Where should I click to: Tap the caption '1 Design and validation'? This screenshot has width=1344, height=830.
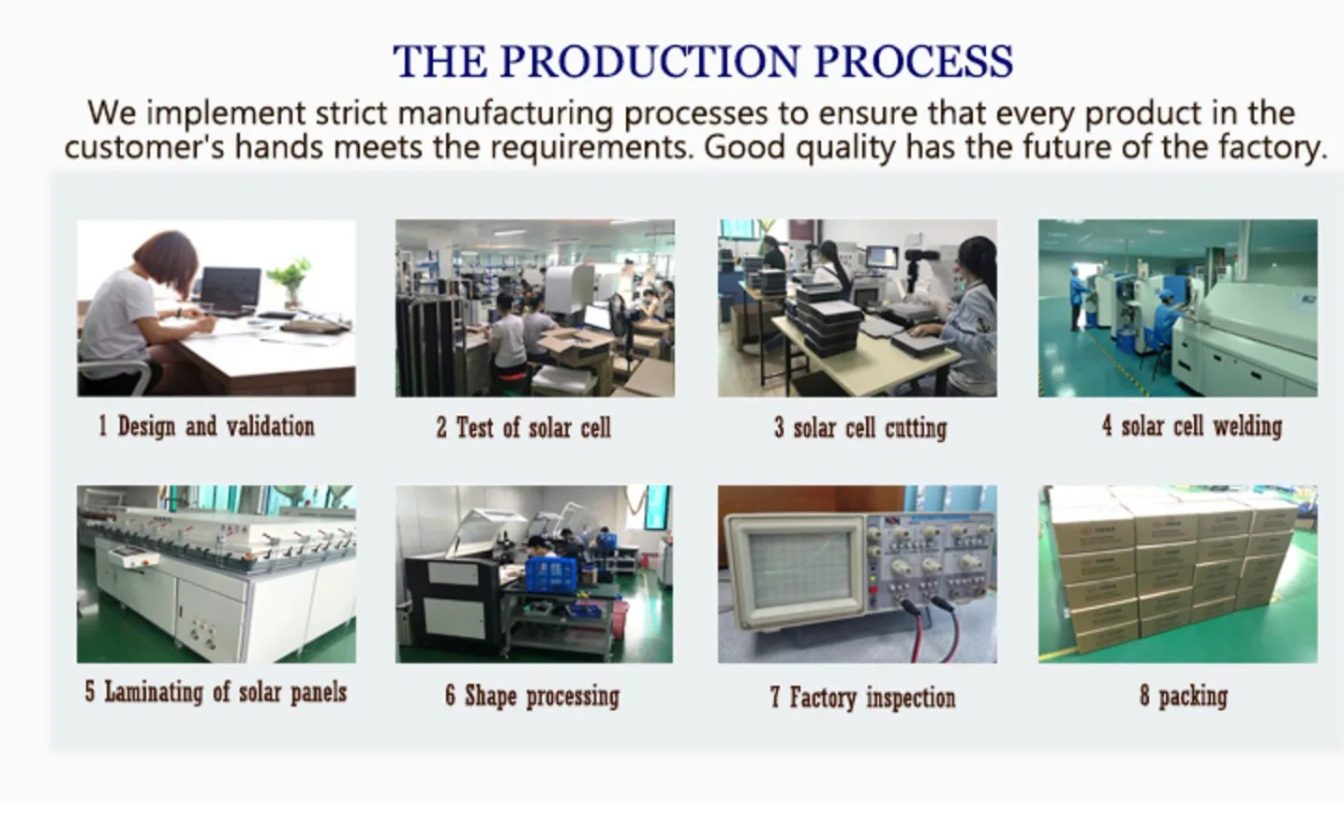click(206, 427)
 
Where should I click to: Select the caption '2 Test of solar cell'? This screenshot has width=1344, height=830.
click(523, 428)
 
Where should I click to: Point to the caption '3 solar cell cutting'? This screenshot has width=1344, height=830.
click(860, 428)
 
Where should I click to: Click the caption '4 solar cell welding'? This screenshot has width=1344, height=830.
click(1192, 426)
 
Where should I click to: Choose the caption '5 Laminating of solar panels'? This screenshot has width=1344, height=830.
click(216, 692)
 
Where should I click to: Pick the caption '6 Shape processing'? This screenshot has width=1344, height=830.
click(532, 696)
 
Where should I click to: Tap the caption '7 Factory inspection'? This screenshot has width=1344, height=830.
click(863, 698)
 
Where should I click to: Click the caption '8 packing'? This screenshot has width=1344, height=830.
click(1184, 696)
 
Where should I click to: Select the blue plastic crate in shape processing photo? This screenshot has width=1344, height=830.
click(551, 575)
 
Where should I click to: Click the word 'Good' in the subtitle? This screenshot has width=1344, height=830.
click(744, 147)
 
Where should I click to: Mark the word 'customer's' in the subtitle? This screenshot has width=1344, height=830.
click(144, 147)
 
